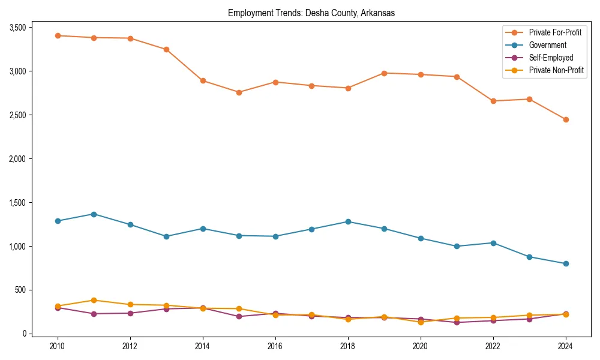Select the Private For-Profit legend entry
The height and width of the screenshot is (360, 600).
tap(555, 32)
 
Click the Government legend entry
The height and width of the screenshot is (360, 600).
tap(547, 45)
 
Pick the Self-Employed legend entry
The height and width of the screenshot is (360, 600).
tap(551, 58)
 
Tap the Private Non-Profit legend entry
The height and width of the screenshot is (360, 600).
tap(556, 70)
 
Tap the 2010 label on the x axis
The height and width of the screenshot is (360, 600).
tap(58, 346)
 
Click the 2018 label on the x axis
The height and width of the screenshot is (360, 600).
tap(348, 346)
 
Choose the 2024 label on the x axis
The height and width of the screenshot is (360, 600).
tap(566, 346)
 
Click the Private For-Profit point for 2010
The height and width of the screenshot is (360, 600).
tap(58, 35)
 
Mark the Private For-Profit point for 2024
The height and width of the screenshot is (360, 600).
tap(566, 119)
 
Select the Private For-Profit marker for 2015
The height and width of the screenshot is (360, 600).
tap(239, 92)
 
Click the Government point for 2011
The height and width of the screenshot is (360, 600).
tap(94, 214)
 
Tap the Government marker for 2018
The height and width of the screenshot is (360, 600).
tap(348, 221)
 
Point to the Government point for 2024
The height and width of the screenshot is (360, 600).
tap(566, 263)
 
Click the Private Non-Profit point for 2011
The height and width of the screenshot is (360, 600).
tap(94, 300)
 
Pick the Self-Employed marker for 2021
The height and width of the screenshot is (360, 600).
tap(457, 322)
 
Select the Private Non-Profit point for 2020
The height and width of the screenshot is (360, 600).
tap(421, 322)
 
